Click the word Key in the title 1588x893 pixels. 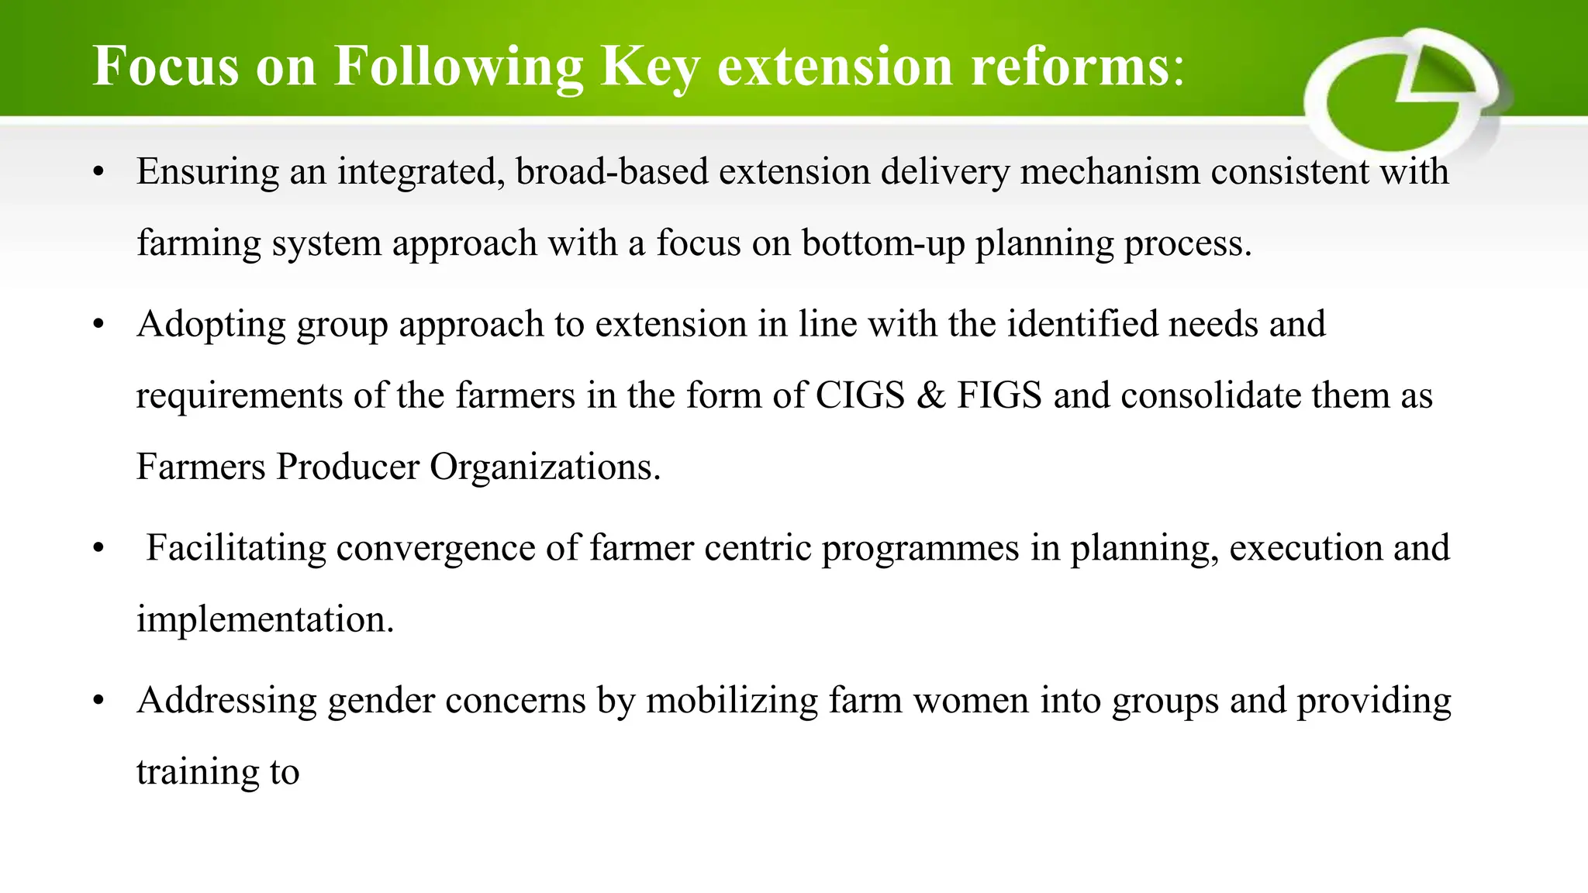coord(650,67)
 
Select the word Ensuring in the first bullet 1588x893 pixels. coord(207,172)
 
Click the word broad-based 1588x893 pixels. coord(612,172)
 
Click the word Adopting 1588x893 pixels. coord(211,324)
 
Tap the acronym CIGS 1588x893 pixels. coord(860,395)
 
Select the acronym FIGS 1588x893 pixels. coord(999,395)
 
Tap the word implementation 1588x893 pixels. coord(265,619)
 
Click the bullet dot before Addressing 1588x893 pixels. coord(98,702)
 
